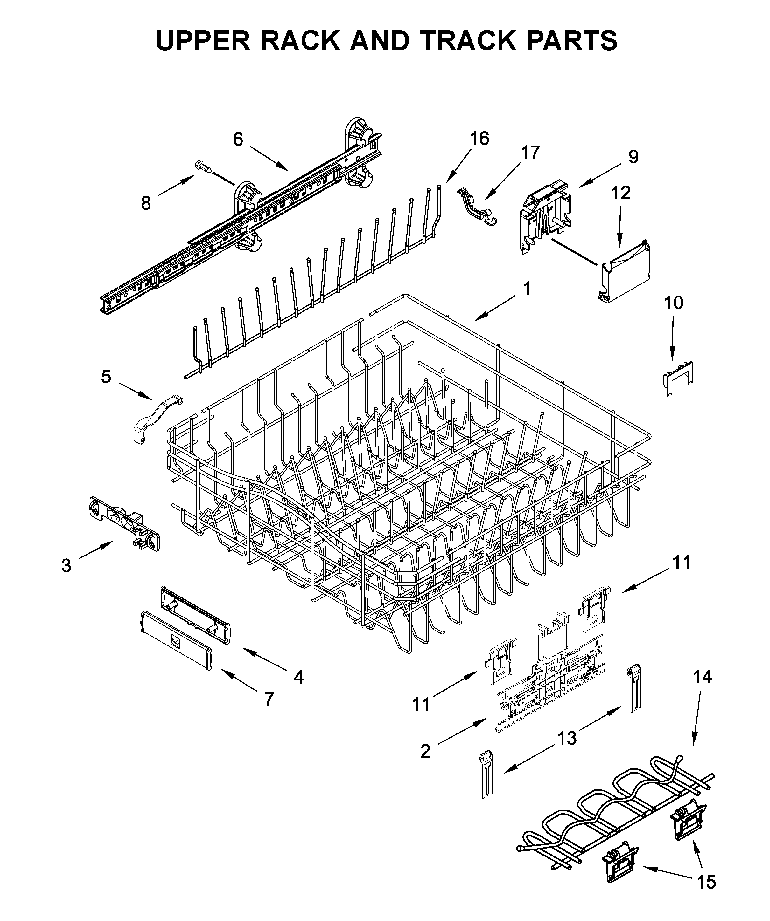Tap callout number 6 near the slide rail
pyautogui.click(x=237, y=140)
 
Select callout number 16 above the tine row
pyautogui.click(x=479, y=139)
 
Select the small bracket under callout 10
pyautogui.click(x=677, y=376)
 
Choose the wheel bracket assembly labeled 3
pyautogui.click(x=124, y=523)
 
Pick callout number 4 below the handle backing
pyautogui.click(x=298, y=677)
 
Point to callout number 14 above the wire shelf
pyautogui.click(x=703, y=677)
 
